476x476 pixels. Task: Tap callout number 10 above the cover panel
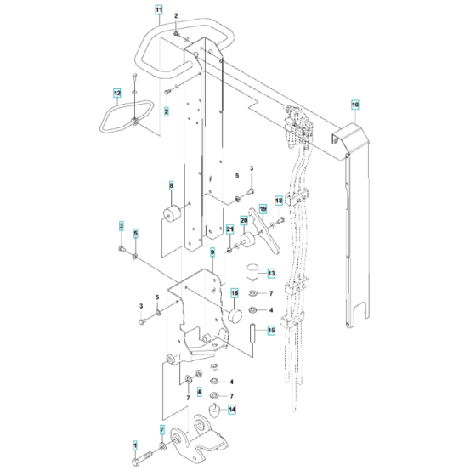[355, 106]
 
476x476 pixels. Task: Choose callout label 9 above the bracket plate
[212, 253]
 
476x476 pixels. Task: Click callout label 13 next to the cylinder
[271, 274]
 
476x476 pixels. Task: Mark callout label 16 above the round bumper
[234, 293]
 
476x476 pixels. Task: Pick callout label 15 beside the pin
[272, 331]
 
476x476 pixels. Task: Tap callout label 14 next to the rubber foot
[232, 408]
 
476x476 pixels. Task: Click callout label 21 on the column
[229, 229]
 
